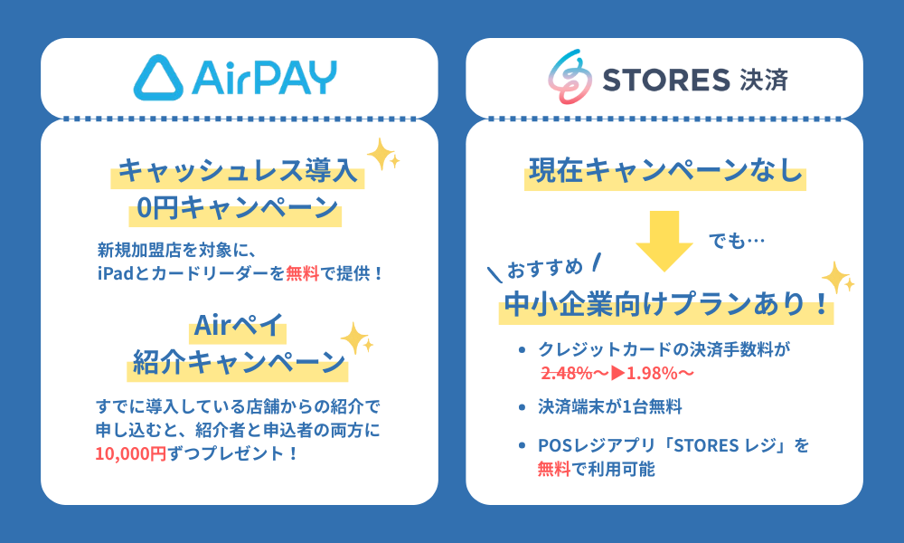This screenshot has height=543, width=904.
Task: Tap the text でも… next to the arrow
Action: tap(737, 242)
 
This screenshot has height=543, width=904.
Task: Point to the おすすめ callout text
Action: tap(543, 268)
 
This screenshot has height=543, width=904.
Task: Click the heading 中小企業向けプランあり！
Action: tap(665, 305)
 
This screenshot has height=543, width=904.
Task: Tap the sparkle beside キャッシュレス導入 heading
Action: tap(384, 154)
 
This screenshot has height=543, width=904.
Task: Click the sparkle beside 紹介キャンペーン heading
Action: tap(357, 340)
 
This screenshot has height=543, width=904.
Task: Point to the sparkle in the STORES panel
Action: tap(836, 277)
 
